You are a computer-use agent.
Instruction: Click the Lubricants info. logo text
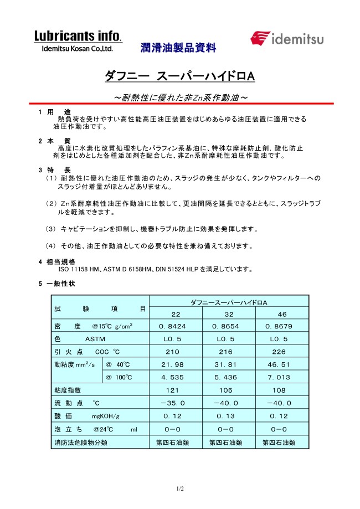(x=78, y=37)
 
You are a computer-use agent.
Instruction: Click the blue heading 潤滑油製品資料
(x=178, y=48)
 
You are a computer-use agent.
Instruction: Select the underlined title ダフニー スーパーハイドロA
(x=179, y=76)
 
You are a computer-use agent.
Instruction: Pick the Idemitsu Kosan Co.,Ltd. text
(x=78, y=49)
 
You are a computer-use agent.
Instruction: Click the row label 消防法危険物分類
(x=81, y=442)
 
